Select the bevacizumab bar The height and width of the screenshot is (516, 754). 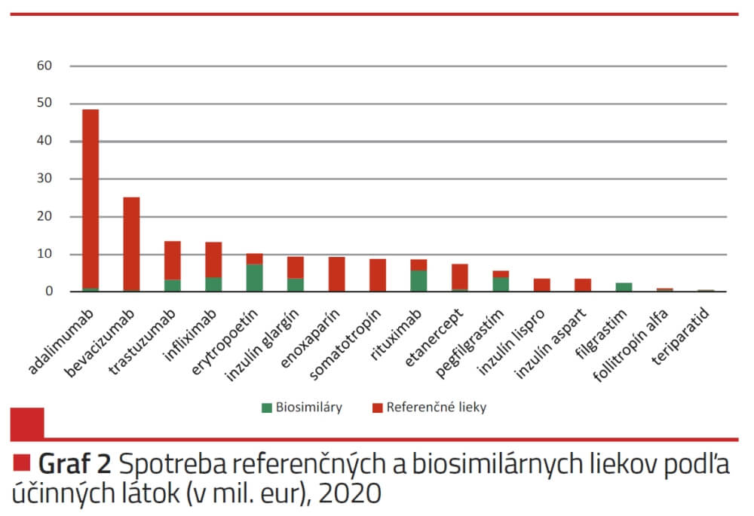[x=131, y=244]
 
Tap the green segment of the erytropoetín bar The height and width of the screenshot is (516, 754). [x=254, y=277]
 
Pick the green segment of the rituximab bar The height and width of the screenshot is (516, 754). [x=418, y=280]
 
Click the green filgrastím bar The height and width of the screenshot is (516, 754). [x=623, y=287]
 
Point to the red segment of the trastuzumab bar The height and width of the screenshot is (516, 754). [x=172, y=260]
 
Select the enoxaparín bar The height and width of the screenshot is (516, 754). [x=336, y=274]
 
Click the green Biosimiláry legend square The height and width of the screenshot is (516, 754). [x=266, y=408]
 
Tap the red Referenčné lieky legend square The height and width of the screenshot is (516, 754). [x=378, y=408]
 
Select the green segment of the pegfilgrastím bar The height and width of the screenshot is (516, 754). [x=500, y=284]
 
